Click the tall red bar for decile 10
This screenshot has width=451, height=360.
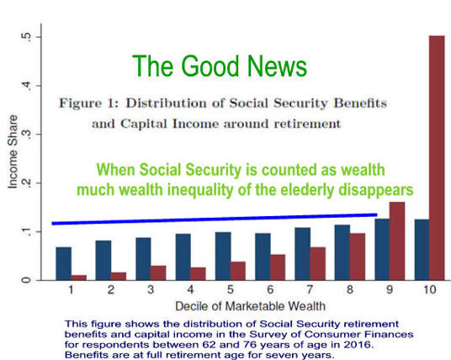[437, 158]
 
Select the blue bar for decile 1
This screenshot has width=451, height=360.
[64, 263]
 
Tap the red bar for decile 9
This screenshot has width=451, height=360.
[397, 241]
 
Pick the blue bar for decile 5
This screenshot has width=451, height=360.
[223, 257]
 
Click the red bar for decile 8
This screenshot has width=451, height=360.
[358, 257]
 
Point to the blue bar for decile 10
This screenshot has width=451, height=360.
[422, 250]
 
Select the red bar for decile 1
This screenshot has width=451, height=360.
[79, 278]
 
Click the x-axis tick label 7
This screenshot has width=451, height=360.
[310, 289]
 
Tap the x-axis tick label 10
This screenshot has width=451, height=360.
[430, 289]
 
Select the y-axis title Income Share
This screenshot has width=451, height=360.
[13, 151]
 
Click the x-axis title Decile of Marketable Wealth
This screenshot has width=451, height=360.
[250, 306]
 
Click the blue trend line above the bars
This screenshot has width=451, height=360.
[215, 219]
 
